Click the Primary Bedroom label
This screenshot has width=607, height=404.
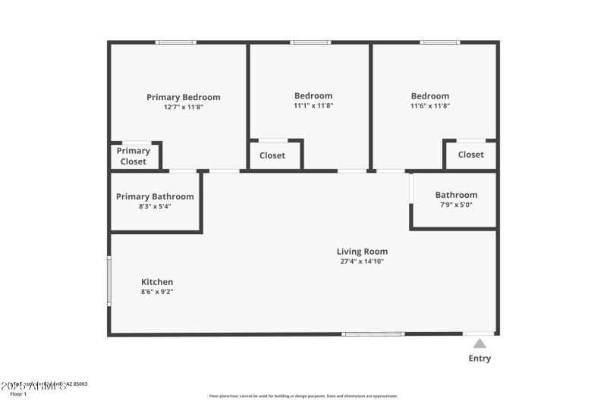184,97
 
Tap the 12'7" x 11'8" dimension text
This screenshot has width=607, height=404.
184,108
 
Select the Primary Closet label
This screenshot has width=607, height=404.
134,156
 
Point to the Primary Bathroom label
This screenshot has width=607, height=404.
155,196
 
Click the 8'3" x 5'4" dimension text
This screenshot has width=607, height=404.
155,206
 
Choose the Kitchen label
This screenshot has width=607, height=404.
157,282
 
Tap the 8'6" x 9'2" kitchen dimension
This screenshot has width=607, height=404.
157,292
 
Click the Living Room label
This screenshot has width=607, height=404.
362,252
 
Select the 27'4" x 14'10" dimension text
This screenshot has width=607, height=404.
362,262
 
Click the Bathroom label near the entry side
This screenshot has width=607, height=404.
456,195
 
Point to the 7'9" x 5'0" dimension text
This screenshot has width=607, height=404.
456,205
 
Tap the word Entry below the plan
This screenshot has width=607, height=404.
480,359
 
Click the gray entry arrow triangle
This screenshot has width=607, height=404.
480,344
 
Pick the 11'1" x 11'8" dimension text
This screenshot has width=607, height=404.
313,106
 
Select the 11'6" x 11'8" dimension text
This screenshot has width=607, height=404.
430,106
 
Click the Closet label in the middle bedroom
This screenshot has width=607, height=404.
272,155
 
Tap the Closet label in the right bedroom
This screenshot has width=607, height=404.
470,155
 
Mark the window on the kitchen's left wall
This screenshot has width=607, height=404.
109,281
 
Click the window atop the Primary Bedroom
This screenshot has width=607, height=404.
176,42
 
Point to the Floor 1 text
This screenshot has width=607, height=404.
18,394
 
